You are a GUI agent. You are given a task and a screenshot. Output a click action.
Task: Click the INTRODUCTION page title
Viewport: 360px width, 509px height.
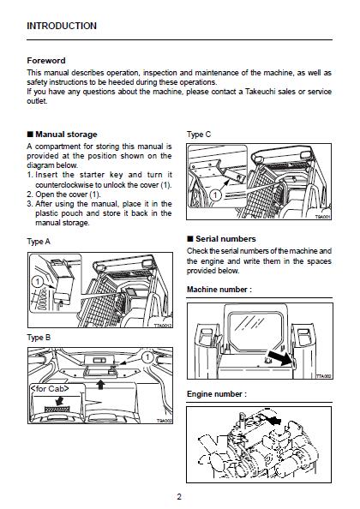point(62,26)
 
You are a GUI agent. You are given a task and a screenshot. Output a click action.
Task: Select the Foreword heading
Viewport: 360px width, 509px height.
point(46,61)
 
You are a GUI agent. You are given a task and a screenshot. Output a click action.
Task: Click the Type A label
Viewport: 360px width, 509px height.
point(39,242)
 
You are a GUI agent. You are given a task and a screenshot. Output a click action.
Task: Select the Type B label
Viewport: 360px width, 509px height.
point(39,338)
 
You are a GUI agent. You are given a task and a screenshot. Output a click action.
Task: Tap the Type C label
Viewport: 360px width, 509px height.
point(199,135)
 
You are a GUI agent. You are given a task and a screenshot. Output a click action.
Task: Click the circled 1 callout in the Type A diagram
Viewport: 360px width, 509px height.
point(38,281)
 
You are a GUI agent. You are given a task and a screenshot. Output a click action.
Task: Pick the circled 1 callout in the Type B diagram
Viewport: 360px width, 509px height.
point(147,357)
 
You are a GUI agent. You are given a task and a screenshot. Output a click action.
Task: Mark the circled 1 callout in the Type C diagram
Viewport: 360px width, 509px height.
point(216,195)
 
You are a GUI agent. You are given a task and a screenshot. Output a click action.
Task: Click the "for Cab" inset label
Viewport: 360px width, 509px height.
point(50,388)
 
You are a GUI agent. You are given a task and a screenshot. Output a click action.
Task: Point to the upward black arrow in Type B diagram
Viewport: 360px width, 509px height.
point(101,385)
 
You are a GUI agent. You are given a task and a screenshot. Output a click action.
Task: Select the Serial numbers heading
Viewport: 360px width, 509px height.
point(225,239)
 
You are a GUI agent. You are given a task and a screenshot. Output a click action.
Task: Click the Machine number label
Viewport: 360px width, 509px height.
point(219,290)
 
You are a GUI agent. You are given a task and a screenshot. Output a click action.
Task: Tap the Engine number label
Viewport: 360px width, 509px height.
point(217,394)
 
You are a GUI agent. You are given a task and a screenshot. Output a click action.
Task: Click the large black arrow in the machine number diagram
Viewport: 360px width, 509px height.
point(279,358)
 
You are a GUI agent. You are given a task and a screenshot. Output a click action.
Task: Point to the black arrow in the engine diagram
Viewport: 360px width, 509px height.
point(274,421)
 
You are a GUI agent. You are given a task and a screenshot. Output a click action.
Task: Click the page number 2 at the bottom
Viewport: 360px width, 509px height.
point(179,497)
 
